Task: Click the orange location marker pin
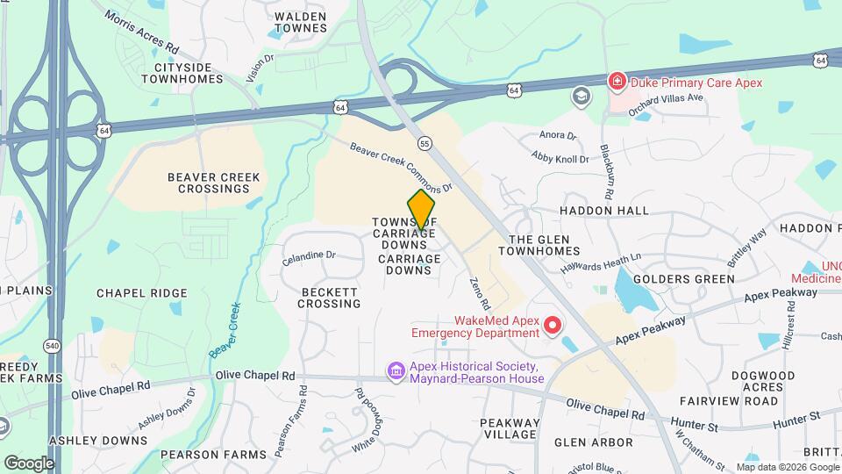(x=422, y=211)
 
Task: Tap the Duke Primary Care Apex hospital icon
(x=617, y=82)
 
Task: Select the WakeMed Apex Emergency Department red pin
(x=553, y=327)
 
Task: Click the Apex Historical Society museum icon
(x=397, y=372)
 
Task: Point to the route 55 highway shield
(x=425, y=143)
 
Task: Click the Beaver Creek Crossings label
(x=214, y=183)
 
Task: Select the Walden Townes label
(x=301, y=22)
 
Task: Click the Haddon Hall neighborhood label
(x=604, y=211)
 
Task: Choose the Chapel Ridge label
(x=141, y=293)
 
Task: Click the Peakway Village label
(x=509, y=428)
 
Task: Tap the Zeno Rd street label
(x=477, y=291)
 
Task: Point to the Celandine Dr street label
(x=309, y=258)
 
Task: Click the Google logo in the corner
(x=29, y=463)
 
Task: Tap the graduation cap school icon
(x=580, y=96)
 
